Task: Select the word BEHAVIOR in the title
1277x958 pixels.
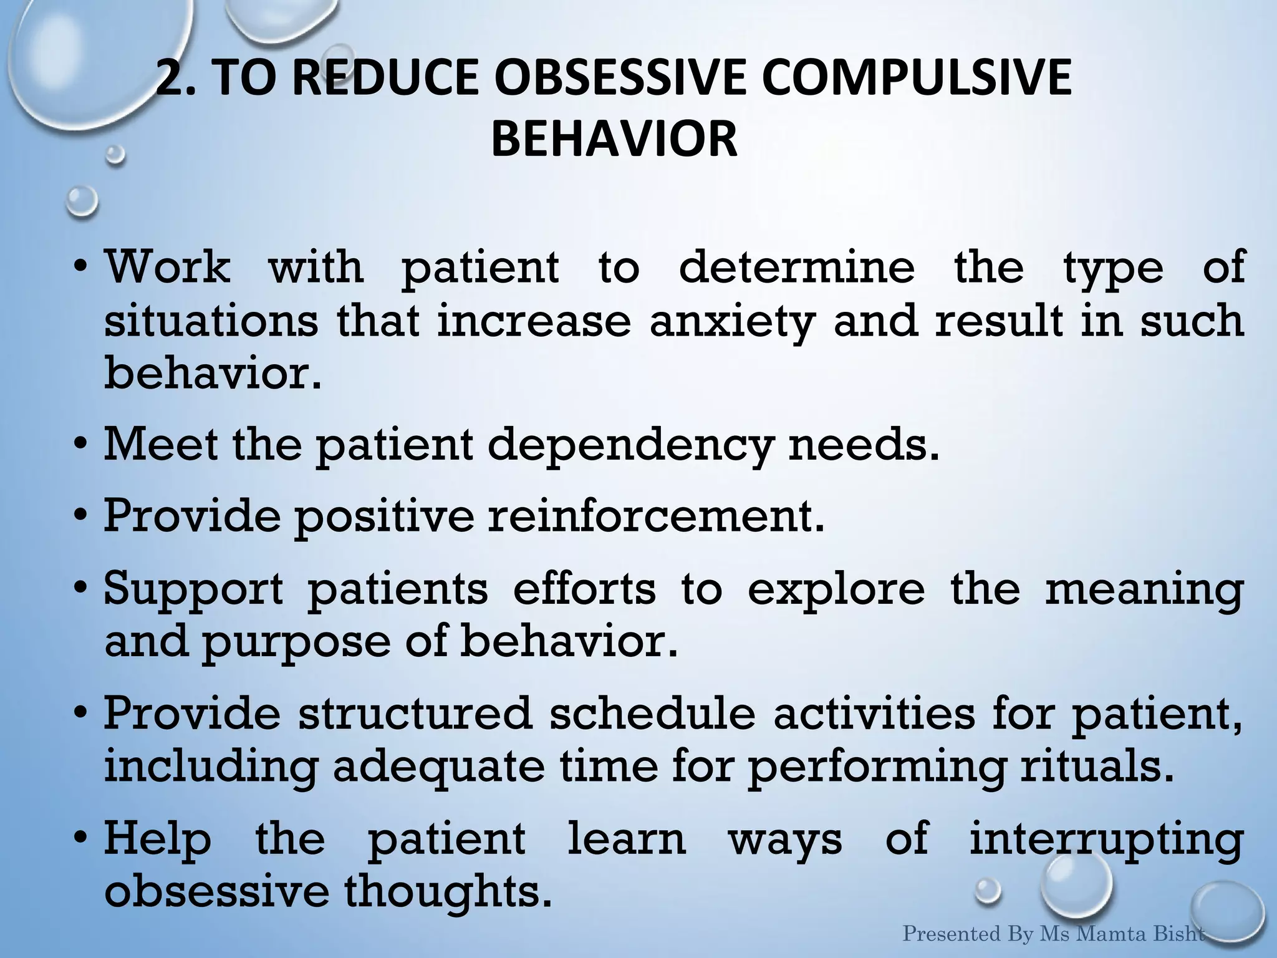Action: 614,138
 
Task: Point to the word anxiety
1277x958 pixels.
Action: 731,322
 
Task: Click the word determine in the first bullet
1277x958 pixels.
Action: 797,267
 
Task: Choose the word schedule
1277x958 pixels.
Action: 652,714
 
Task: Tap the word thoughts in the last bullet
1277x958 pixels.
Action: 449,892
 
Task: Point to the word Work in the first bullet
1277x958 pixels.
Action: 167,267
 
